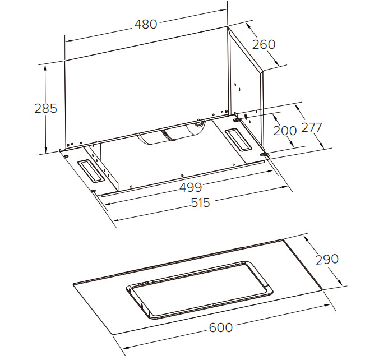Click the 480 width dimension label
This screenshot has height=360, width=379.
[x=146, y=25]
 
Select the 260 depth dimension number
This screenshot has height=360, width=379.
[x=264, y=44]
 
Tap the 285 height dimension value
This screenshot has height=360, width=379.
[x=45, y=108]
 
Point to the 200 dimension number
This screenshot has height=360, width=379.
[x=285, y=131]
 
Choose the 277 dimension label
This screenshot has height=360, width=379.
[x=312, y=127]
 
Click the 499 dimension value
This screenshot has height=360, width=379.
[x=191, y=187]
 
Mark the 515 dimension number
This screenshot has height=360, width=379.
[x=200, y=202]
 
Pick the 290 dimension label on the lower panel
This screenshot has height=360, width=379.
[x=327, y=259]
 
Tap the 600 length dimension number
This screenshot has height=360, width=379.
[x=221, y=328]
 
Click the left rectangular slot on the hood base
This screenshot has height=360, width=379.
[x=91, y=172]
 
